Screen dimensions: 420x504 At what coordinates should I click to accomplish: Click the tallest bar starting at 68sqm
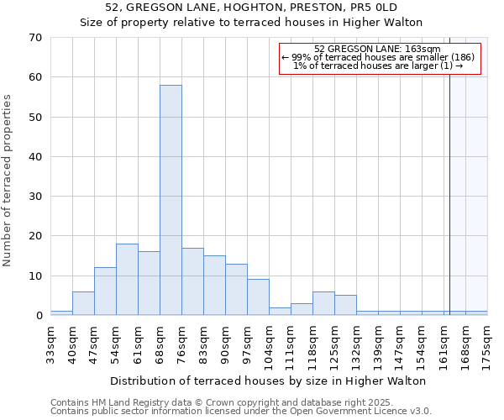[x=171, y=200]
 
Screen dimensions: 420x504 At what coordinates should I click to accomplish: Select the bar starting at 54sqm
[x=127, y=279]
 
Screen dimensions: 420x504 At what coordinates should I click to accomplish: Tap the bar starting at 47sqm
[x=105, y=291]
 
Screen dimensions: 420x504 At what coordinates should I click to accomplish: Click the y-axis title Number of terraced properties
[x=8, y=181]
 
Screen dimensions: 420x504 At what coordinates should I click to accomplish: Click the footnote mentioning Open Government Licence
[x=241, y=412]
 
